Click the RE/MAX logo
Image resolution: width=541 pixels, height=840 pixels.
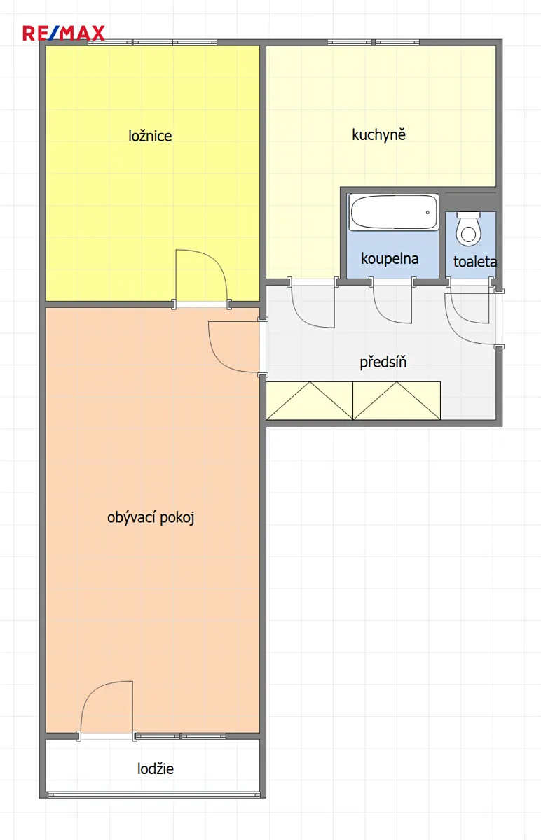(64, 33)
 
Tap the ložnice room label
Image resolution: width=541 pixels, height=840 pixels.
(150, 136)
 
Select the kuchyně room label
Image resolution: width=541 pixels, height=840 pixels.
(379, 134)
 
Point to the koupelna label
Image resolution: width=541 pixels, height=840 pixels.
(390, 259)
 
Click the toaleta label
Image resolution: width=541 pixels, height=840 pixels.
(475, 262)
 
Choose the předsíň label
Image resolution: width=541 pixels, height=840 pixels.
(383, 363)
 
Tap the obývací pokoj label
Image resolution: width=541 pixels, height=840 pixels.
(151, 518)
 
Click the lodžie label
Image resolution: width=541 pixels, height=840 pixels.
(156, 769)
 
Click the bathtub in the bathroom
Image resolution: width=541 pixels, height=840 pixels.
(393, 212)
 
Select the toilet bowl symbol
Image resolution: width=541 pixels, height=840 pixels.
(469, 229)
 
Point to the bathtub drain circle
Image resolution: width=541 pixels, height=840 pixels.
(427, 212)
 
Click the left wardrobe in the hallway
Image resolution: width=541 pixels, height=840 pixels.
(309, 400)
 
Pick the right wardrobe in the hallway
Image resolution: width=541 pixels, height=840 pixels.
(397, 400)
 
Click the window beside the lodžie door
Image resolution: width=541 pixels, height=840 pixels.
(181, 736)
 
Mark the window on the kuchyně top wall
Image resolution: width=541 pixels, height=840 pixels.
(374, 43)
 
